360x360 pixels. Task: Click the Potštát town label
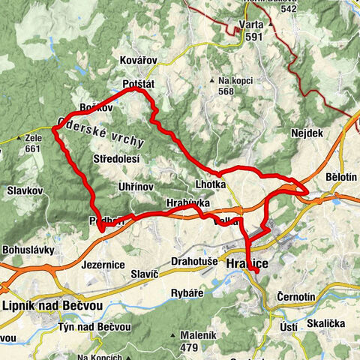pyautogui.click(x=139, y=84)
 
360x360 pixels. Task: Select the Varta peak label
pyautogui.click(x=251, y=23)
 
